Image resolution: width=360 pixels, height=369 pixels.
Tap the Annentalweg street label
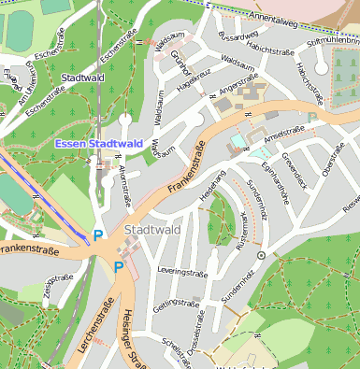pos(280,15)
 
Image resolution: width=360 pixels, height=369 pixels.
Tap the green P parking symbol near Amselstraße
pos(312,119)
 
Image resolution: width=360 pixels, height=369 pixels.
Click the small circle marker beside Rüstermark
pos(261,253)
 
